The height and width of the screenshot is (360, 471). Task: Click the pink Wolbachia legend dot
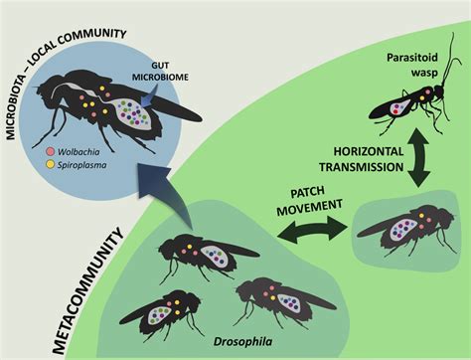tap(51, 152)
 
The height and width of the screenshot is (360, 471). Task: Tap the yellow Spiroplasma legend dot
tap(51, 164)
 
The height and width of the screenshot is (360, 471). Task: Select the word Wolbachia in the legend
tap(78, 152)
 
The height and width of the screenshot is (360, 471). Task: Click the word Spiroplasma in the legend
tap(82, 165)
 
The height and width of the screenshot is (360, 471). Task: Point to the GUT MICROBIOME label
tap(160, 72)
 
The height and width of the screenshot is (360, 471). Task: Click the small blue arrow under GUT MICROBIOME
tap(146, 96)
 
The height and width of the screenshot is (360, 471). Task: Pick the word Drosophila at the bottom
tap(242, 342)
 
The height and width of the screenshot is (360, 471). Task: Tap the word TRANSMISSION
tap(362, 167)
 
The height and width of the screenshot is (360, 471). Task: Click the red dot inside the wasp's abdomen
tap(394, 112)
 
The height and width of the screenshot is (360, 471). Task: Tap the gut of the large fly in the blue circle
tap(131, 113)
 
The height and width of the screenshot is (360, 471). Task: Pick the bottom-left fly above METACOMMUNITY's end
tap(161, 312)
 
